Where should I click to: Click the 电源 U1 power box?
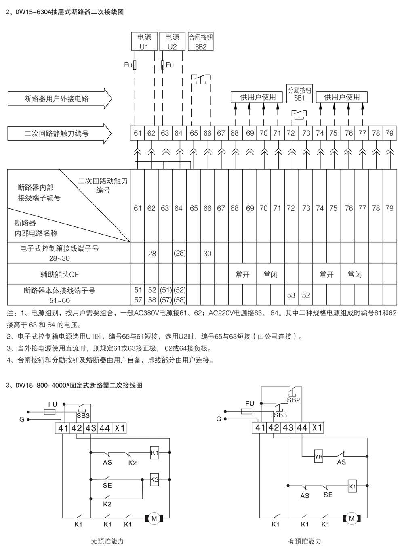[144, 42]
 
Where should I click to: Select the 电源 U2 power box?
[172, 42]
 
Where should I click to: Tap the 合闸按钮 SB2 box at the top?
[201, 42]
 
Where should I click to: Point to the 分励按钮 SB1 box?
[299, 94]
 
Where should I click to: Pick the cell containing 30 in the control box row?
[207, 254]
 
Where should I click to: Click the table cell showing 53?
[291, 295]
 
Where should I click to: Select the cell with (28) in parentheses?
[179, 254]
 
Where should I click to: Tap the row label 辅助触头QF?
[60, 274]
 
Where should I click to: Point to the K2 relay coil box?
[154, 480]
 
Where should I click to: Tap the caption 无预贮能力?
[107, 541]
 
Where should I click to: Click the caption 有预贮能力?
[305, 541]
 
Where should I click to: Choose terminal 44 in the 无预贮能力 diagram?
[105, 428]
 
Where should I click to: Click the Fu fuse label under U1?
[128, 65]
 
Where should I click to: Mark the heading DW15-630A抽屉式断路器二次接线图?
[65, 12]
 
